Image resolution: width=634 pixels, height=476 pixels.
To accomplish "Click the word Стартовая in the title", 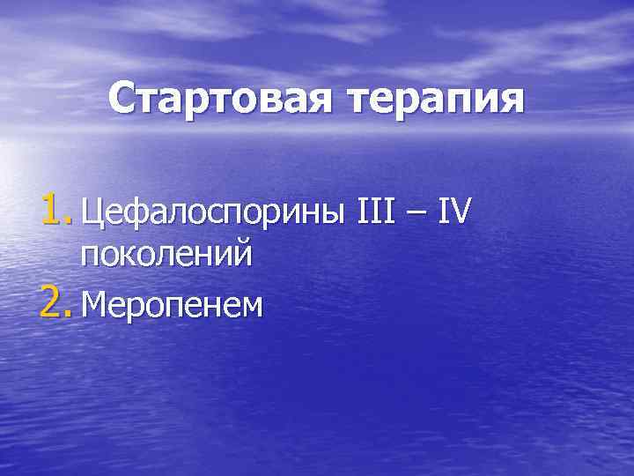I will pyautogui.click(x=225, y=100).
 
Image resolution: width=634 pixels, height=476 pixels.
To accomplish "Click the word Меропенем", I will pyautogui.click(x=172, y=305).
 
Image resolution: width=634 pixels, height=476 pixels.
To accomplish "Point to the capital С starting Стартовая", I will pyautogui.click(x=126, y=100).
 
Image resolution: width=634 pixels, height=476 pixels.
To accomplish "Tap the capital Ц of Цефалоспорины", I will pyautogui.click(x=92, y=212).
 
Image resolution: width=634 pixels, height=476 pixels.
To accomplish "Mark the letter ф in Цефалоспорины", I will pyautogui.click(x=131, y=214).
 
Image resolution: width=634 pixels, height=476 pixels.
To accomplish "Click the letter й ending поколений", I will pyautogui.click(x=243, y=254).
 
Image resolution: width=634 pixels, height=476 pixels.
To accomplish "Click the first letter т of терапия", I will pyautogui.click(x=367, y=101).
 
